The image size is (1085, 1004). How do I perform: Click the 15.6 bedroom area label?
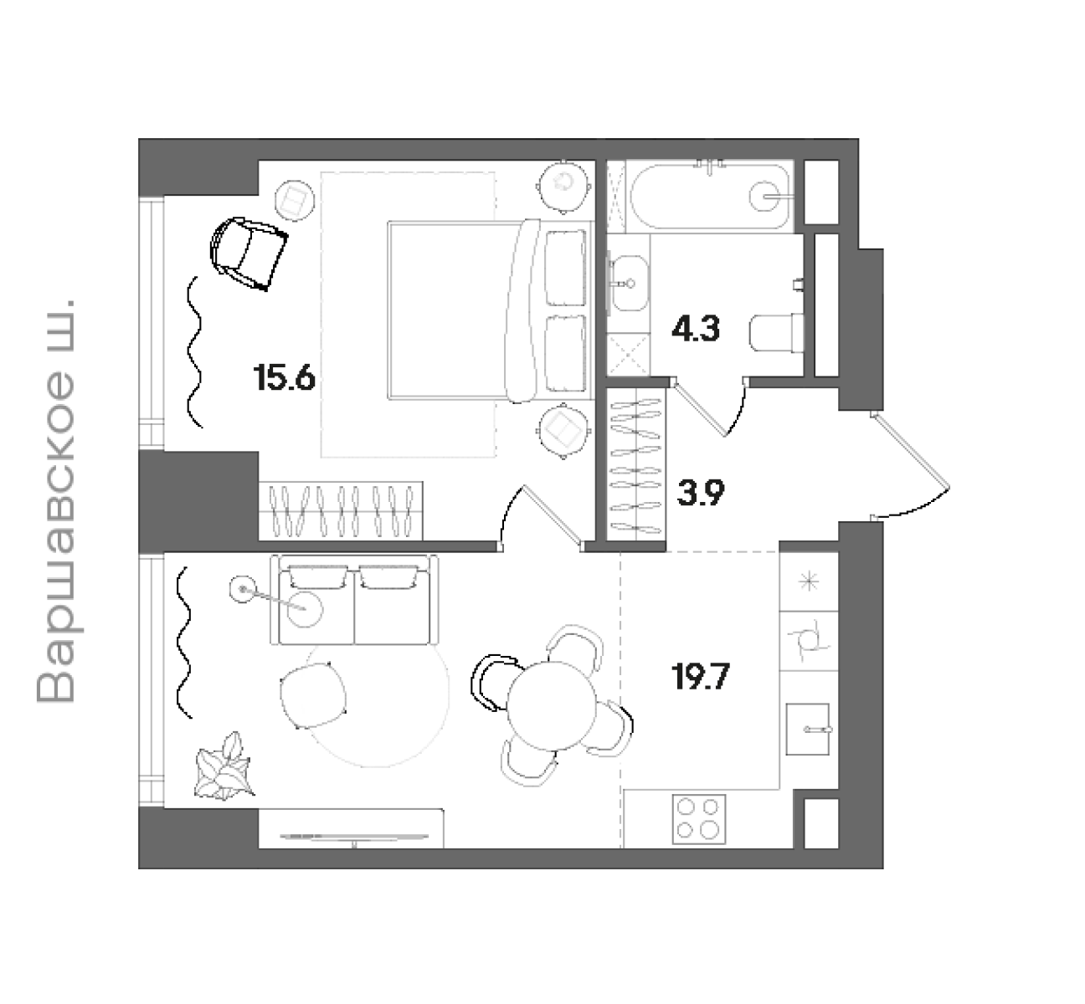pos(285,378)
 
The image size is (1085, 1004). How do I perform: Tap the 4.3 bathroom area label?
pos(696,329)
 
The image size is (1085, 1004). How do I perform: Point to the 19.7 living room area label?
pos(701,677)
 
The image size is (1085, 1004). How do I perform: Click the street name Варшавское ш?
pos(55,501)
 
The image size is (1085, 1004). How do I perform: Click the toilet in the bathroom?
pos(776,333)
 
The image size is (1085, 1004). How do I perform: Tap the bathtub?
pos(710,196)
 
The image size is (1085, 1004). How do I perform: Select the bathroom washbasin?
pos(629,283)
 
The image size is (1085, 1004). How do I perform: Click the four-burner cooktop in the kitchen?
pos(699,819)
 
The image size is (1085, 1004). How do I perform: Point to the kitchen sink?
pos(807,729)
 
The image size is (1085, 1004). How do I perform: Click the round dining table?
pos(551,706)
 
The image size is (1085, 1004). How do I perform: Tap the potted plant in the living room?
pos(224,767)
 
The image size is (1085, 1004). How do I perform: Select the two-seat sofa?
pos(355,599)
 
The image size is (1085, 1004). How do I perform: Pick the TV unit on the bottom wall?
pos(351,828)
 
